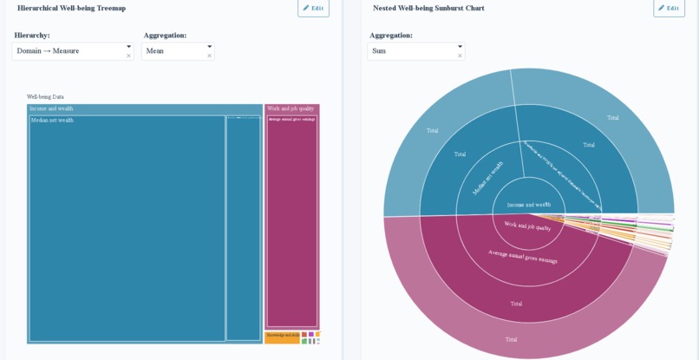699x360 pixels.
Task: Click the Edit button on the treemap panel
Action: pos(313,8)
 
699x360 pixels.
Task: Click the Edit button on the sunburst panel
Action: pos(669,8)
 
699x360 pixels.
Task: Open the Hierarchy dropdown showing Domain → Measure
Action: pos(69,51)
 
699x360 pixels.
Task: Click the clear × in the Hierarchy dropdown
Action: pos(128,56)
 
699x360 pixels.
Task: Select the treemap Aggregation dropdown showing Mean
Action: pos(173,51)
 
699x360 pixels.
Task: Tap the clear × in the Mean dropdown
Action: pos(209,56)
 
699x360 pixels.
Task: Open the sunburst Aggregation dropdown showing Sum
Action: pos(412,51)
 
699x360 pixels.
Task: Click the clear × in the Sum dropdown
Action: pos(460,56)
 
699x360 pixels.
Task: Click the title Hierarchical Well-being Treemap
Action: pos(71,8)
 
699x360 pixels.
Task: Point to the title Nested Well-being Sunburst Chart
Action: pos(428,8)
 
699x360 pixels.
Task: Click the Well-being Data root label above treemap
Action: pos(45,97)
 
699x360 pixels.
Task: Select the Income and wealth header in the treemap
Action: pos(51,109)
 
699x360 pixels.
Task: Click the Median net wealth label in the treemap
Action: pos(52,121)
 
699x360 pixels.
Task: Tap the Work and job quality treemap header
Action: pos(291,109)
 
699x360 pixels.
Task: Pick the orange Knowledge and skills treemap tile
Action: pos(282,336)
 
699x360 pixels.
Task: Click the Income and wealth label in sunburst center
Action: pos(528,205)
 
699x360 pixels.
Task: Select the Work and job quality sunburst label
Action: pos(527,226)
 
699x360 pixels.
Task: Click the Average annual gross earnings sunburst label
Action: pos(522,257)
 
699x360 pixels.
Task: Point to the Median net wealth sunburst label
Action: pos(487,178)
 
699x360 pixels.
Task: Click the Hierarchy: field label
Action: pos(32,36)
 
